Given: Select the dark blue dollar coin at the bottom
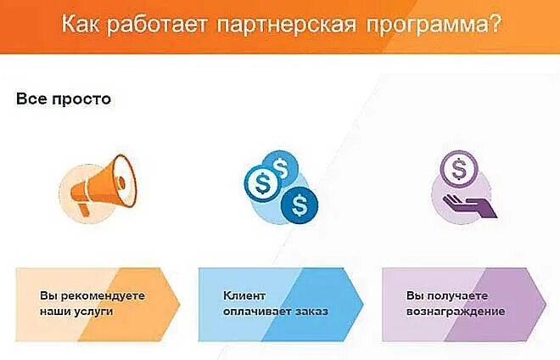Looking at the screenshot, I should click(x=299, y=203).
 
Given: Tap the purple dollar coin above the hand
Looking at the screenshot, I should click(x=459, y=170).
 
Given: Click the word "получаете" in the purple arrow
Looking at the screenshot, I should click(x=455, y=295).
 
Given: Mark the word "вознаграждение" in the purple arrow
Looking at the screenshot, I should click(x=456, y=312).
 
